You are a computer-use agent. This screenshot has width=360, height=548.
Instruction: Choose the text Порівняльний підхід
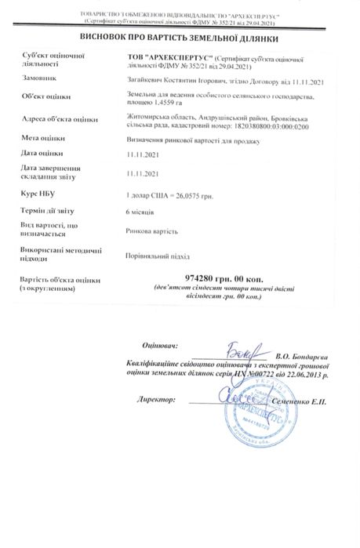(157, 256)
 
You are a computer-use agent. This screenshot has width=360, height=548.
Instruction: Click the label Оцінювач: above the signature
(160, 345)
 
